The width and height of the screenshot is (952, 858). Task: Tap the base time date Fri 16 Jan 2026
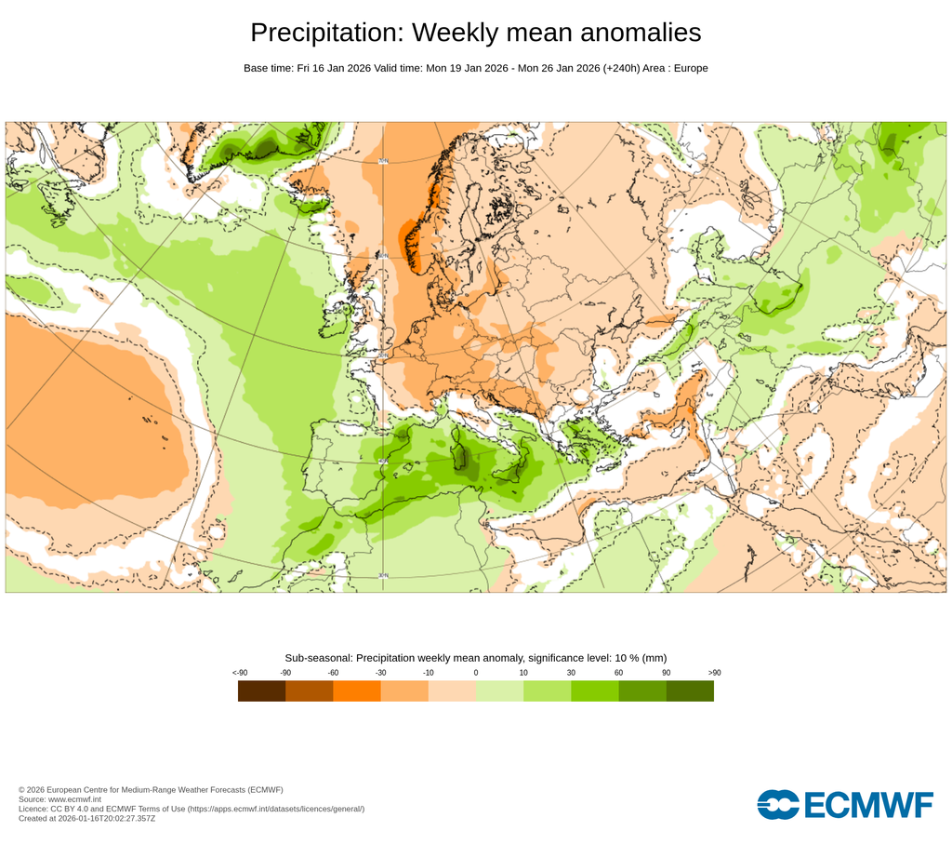pos(333,68)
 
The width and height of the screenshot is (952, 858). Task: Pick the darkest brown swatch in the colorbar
pos(261,690)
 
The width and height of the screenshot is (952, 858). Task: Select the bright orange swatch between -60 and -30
pos(356,690)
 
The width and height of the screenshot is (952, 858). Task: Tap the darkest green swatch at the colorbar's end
pos(690,690)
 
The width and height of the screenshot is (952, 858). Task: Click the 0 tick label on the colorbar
pos(476,672)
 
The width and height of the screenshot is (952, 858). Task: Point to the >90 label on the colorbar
pos(714,672)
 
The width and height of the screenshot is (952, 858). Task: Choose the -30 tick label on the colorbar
pos(380,672)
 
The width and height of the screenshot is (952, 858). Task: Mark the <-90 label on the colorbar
pos(239,672)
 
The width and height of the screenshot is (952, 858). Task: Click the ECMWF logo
pos(844,804)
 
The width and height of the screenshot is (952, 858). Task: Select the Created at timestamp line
pos(86,818)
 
